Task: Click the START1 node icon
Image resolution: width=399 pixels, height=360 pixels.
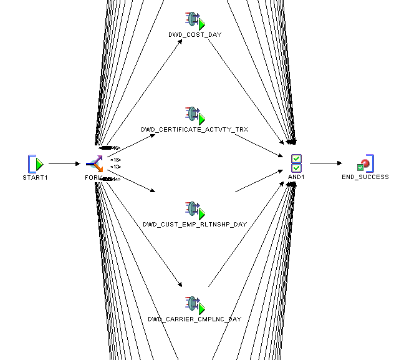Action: click(x=37, y=164)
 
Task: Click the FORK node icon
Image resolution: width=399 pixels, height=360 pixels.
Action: click(x=94, y=164)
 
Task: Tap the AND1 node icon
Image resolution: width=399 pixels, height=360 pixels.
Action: click(x=297, y=163)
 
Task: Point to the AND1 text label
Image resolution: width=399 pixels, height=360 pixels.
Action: click(x=297, y=177)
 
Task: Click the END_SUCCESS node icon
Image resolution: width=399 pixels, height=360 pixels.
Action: click(x=365, y=163)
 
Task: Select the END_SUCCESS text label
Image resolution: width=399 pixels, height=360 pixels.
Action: click(x=365, y=177)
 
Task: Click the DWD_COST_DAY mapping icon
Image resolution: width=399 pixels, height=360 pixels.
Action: click(x=195, y=21)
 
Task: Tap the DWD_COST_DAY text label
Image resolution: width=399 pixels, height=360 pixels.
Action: click(x=195, y=35)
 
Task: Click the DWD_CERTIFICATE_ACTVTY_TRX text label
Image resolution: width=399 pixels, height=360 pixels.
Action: click(x=195, y=130)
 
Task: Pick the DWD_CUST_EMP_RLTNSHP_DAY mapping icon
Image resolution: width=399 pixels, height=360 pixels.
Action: click(x=195, y=210)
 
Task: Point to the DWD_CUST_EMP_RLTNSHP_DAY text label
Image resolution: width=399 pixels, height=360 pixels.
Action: click(x=195, y=223)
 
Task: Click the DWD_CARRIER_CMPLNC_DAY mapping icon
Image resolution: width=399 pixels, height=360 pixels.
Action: click(x=195, y=305)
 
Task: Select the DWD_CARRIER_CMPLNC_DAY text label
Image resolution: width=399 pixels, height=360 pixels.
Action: click(x=195, y=319)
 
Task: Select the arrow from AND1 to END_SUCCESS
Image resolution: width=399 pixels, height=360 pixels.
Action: click(x=325, y=164)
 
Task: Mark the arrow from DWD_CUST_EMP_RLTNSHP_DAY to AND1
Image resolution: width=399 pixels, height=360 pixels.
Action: click(x=256, y=185)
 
